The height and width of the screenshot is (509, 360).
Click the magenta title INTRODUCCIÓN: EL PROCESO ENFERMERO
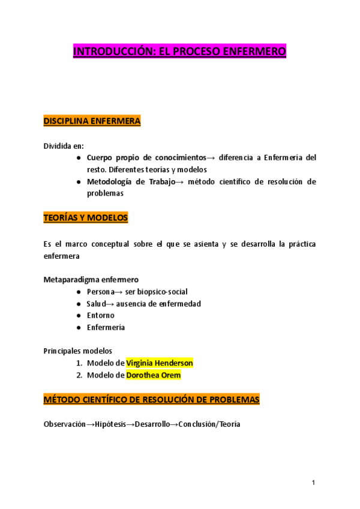179,52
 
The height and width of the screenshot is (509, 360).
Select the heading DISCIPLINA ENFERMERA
92,121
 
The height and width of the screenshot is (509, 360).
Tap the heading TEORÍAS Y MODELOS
86,218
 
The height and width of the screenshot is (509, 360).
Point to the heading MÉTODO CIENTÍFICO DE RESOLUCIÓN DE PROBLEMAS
151,399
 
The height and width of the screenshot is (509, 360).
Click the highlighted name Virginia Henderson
159,363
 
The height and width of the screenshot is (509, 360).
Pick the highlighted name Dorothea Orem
153,375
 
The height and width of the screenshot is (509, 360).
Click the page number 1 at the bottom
313,483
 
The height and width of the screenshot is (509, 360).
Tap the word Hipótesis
111,424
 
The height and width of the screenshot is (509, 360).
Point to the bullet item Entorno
100,315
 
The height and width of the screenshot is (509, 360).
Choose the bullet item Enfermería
106,327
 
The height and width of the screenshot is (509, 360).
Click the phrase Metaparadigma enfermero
91,279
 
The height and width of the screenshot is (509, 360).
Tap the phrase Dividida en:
64,146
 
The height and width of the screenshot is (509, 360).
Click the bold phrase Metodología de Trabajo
126,182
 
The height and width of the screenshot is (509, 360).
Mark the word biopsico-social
161,291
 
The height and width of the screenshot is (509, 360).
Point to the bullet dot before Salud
79,304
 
